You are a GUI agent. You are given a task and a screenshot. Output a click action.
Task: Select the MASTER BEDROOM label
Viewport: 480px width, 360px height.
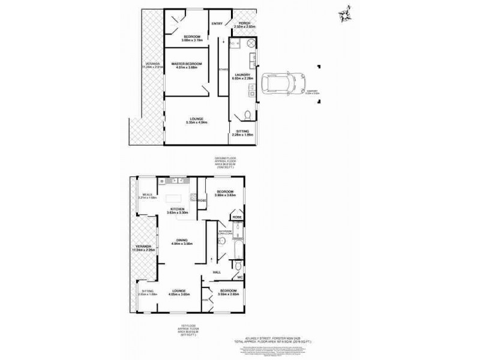(x=186, y=65)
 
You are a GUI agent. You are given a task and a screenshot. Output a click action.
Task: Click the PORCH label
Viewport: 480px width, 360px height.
(x=244, y=25)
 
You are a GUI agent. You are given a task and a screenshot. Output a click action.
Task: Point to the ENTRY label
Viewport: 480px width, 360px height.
(x=217, y=24)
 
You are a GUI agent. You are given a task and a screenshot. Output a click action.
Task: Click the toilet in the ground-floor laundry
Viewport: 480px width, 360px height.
(x=247, y=115)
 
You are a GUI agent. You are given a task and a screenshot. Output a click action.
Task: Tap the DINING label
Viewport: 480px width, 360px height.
(x=181, y=242)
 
